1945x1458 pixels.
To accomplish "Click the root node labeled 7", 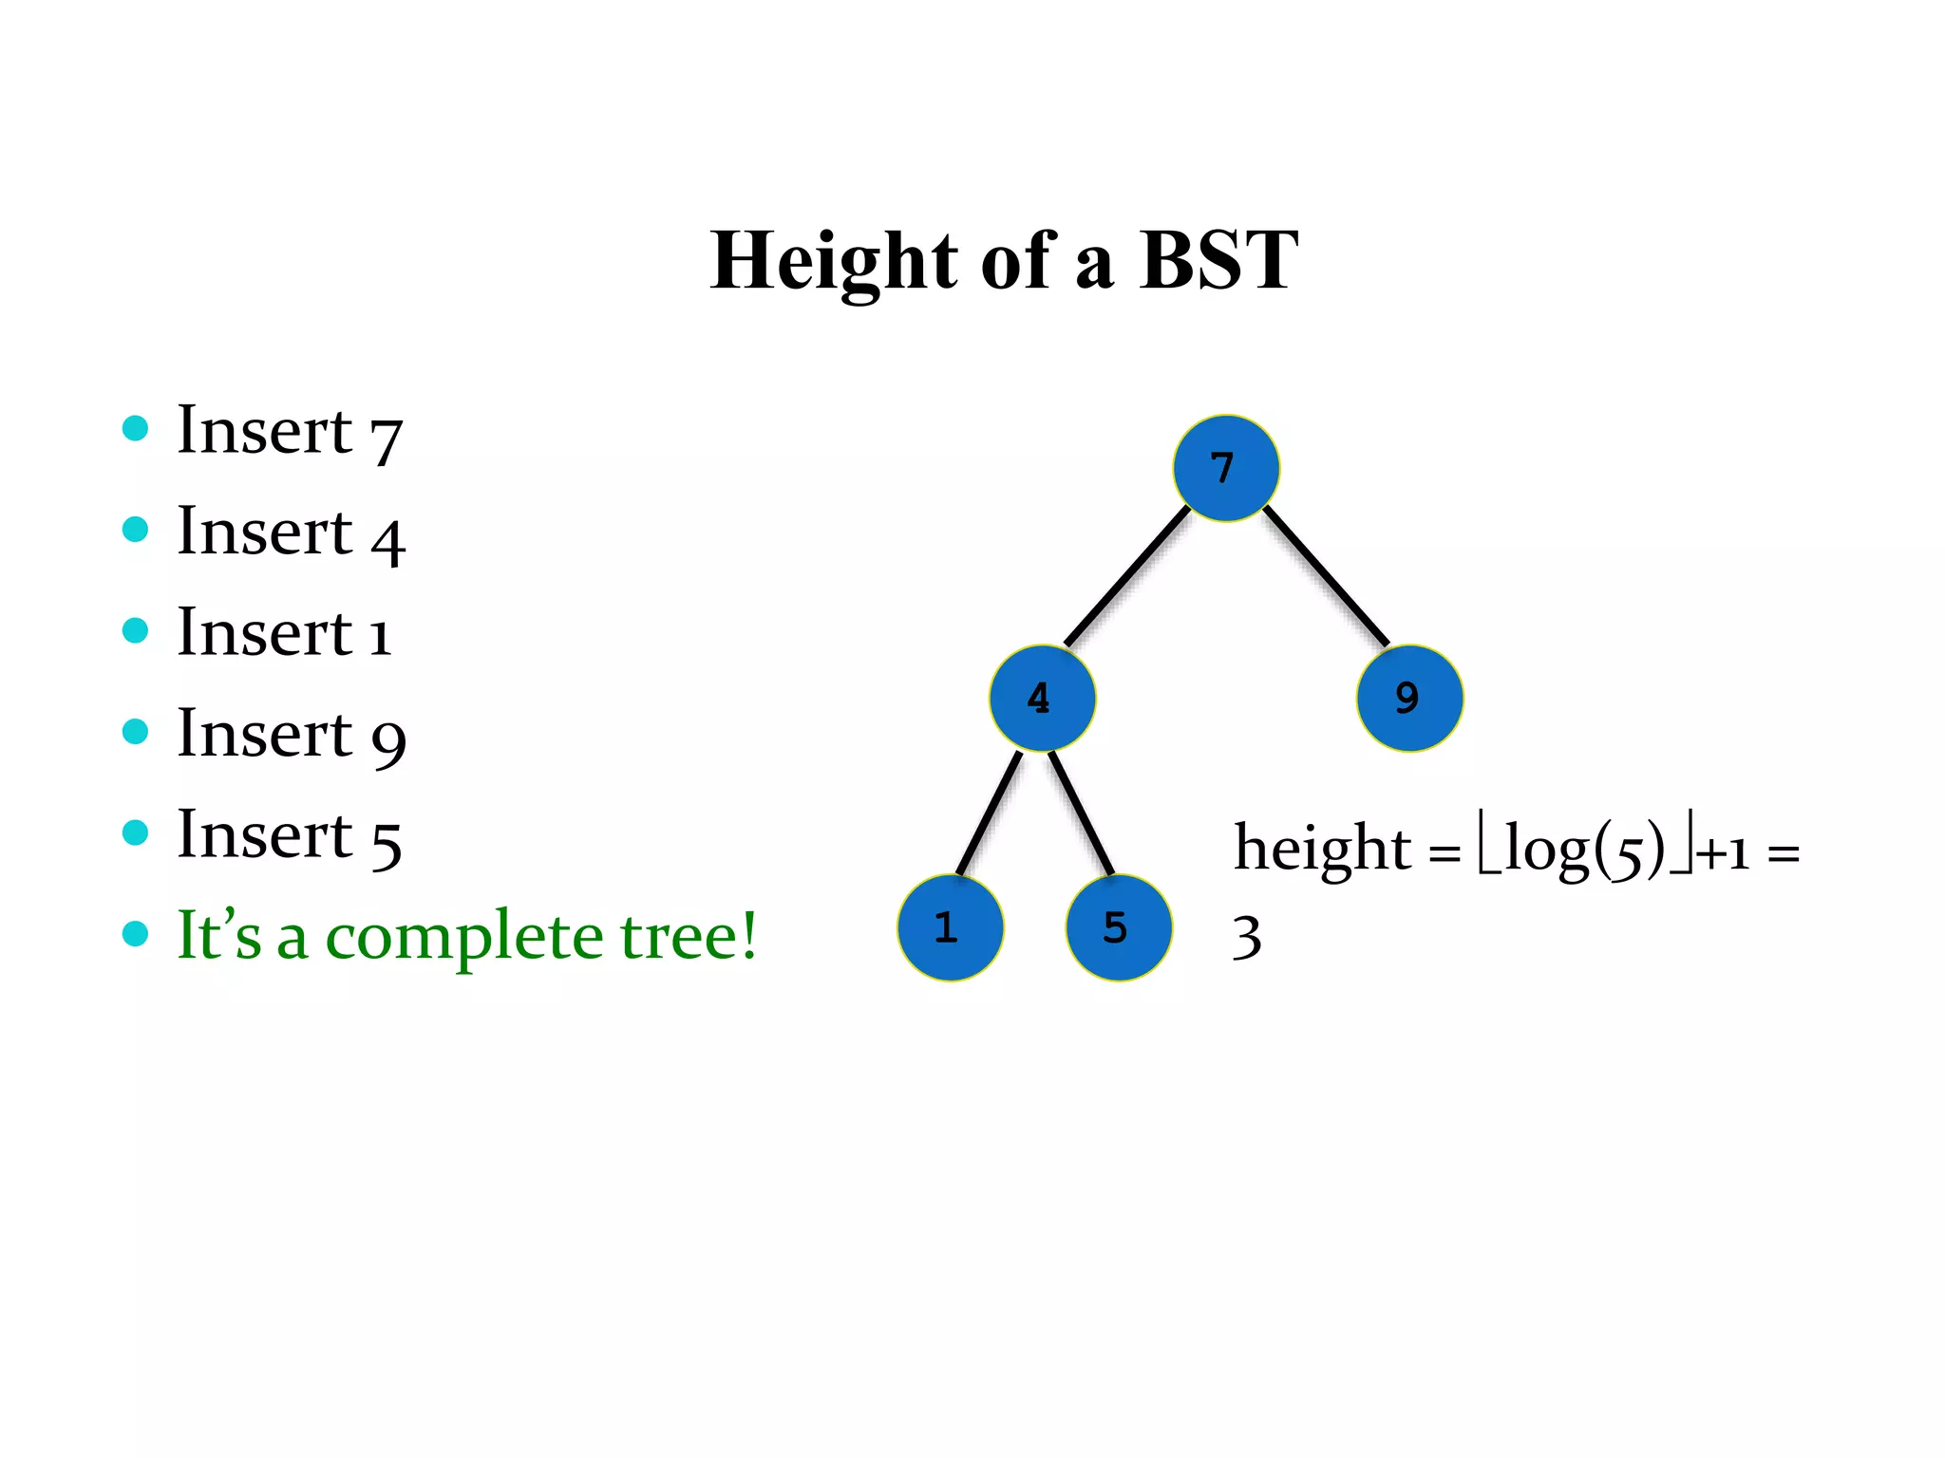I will pyautogui.click(x=1226, y=468).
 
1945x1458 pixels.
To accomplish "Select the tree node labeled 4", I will pyautogui.click(x=1042, y=698).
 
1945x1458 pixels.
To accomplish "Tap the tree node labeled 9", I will pyautogui.click(x=1409, y=698).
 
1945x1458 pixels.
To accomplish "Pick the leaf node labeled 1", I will pyautogui.click(x=950, y=927).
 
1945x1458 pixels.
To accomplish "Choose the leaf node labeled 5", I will pyautogui.click(x=1119, y=927).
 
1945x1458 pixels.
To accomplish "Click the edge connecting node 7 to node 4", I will pyautogui.click(x=1127, y=576).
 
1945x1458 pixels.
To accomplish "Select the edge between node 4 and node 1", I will pyautogui.click(x=989, y=813).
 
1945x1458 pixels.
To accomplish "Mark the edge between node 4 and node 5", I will pyautogui.click(x=1081, y=813).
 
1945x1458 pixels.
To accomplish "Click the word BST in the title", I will pyautogui.click(x=1218, y=260).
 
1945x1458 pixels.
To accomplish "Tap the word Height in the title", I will pyautogui.click(x=835, y=260).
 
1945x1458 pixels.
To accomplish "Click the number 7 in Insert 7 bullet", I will pyautogui.click(x=387, y=439).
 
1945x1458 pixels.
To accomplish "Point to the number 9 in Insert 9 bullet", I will pyautogui.click(x=388, y=741).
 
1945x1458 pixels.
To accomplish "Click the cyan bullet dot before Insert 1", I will pyautogui.click(x=136, y=630).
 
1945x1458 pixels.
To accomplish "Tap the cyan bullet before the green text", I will pyautogui.click(x=136, y=933).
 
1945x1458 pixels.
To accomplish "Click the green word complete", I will pyautogui.click(x=464, y=938).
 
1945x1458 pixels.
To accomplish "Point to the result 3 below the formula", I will pyautogui.click(x=1247, y=937).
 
